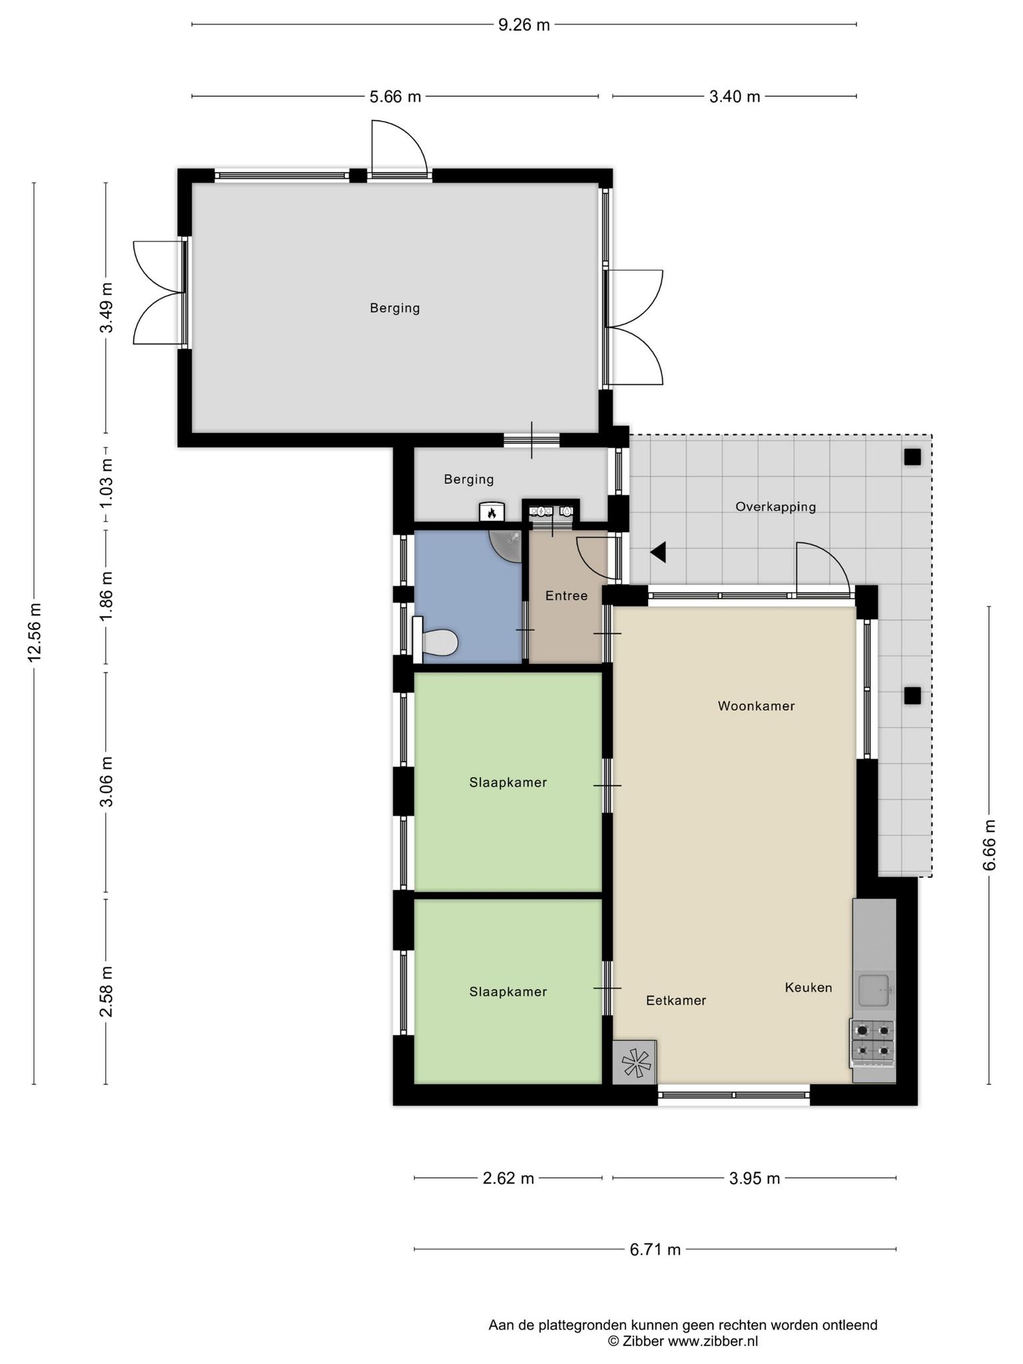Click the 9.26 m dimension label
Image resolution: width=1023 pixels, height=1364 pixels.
tap(524, 25)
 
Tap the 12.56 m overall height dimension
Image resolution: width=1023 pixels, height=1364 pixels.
tap(35, 632)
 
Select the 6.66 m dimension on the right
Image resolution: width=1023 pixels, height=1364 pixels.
tap(989, 845)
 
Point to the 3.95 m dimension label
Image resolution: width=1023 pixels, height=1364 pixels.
tap(754, 1178)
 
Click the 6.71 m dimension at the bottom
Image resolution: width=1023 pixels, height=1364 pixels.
tap(655, 1249)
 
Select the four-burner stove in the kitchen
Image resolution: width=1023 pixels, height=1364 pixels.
tap(873, 1040)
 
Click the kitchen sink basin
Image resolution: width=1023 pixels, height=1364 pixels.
tap(874, 990)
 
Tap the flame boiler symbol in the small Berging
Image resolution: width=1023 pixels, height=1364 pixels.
tap(492, 511)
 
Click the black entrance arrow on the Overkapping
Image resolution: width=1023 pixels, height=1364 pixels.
tap(658, 552)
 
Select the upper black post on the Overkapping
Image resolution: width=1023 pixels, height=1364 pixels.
tap(912, 457)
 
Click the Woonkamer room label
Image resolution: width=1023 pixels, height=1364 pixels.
tap(756, 706)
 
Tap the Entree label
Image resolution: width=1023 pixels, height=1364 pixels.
tap(566, 595)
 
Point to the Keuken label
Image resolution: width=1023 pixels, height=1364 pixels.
tap(809, 987)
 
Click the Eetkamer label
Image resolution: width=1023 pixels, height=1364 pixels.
tap(676, 1000)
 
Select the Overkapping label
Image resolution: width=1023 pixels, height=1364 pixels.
tap(775, 506)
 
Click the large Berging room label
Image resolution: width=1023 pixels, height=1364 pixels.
tap(395, 308)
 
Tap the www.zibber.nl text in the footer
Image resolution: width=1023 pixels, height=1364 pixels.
tap(713, 1341)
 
